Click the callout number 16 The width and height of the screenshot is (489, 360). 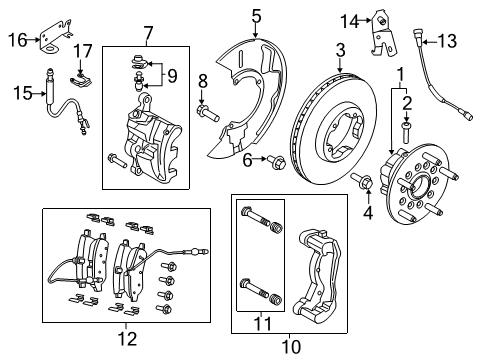click(x=15, y=39)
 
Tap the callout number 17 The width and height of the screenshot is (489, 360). click(x=85, y=51)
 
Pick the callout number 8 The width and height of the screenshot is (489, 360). click(x=201, y=82)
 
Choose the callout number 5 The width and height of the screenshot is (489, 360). click(x=256, y=15)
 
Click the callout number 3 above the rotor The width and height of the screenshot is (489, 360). click(x=340, y=50)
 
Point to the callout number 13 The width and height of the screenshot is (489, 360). click(x=446, y=40)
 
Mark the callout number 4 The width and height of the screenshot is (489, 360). click(x=368, y=213)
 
